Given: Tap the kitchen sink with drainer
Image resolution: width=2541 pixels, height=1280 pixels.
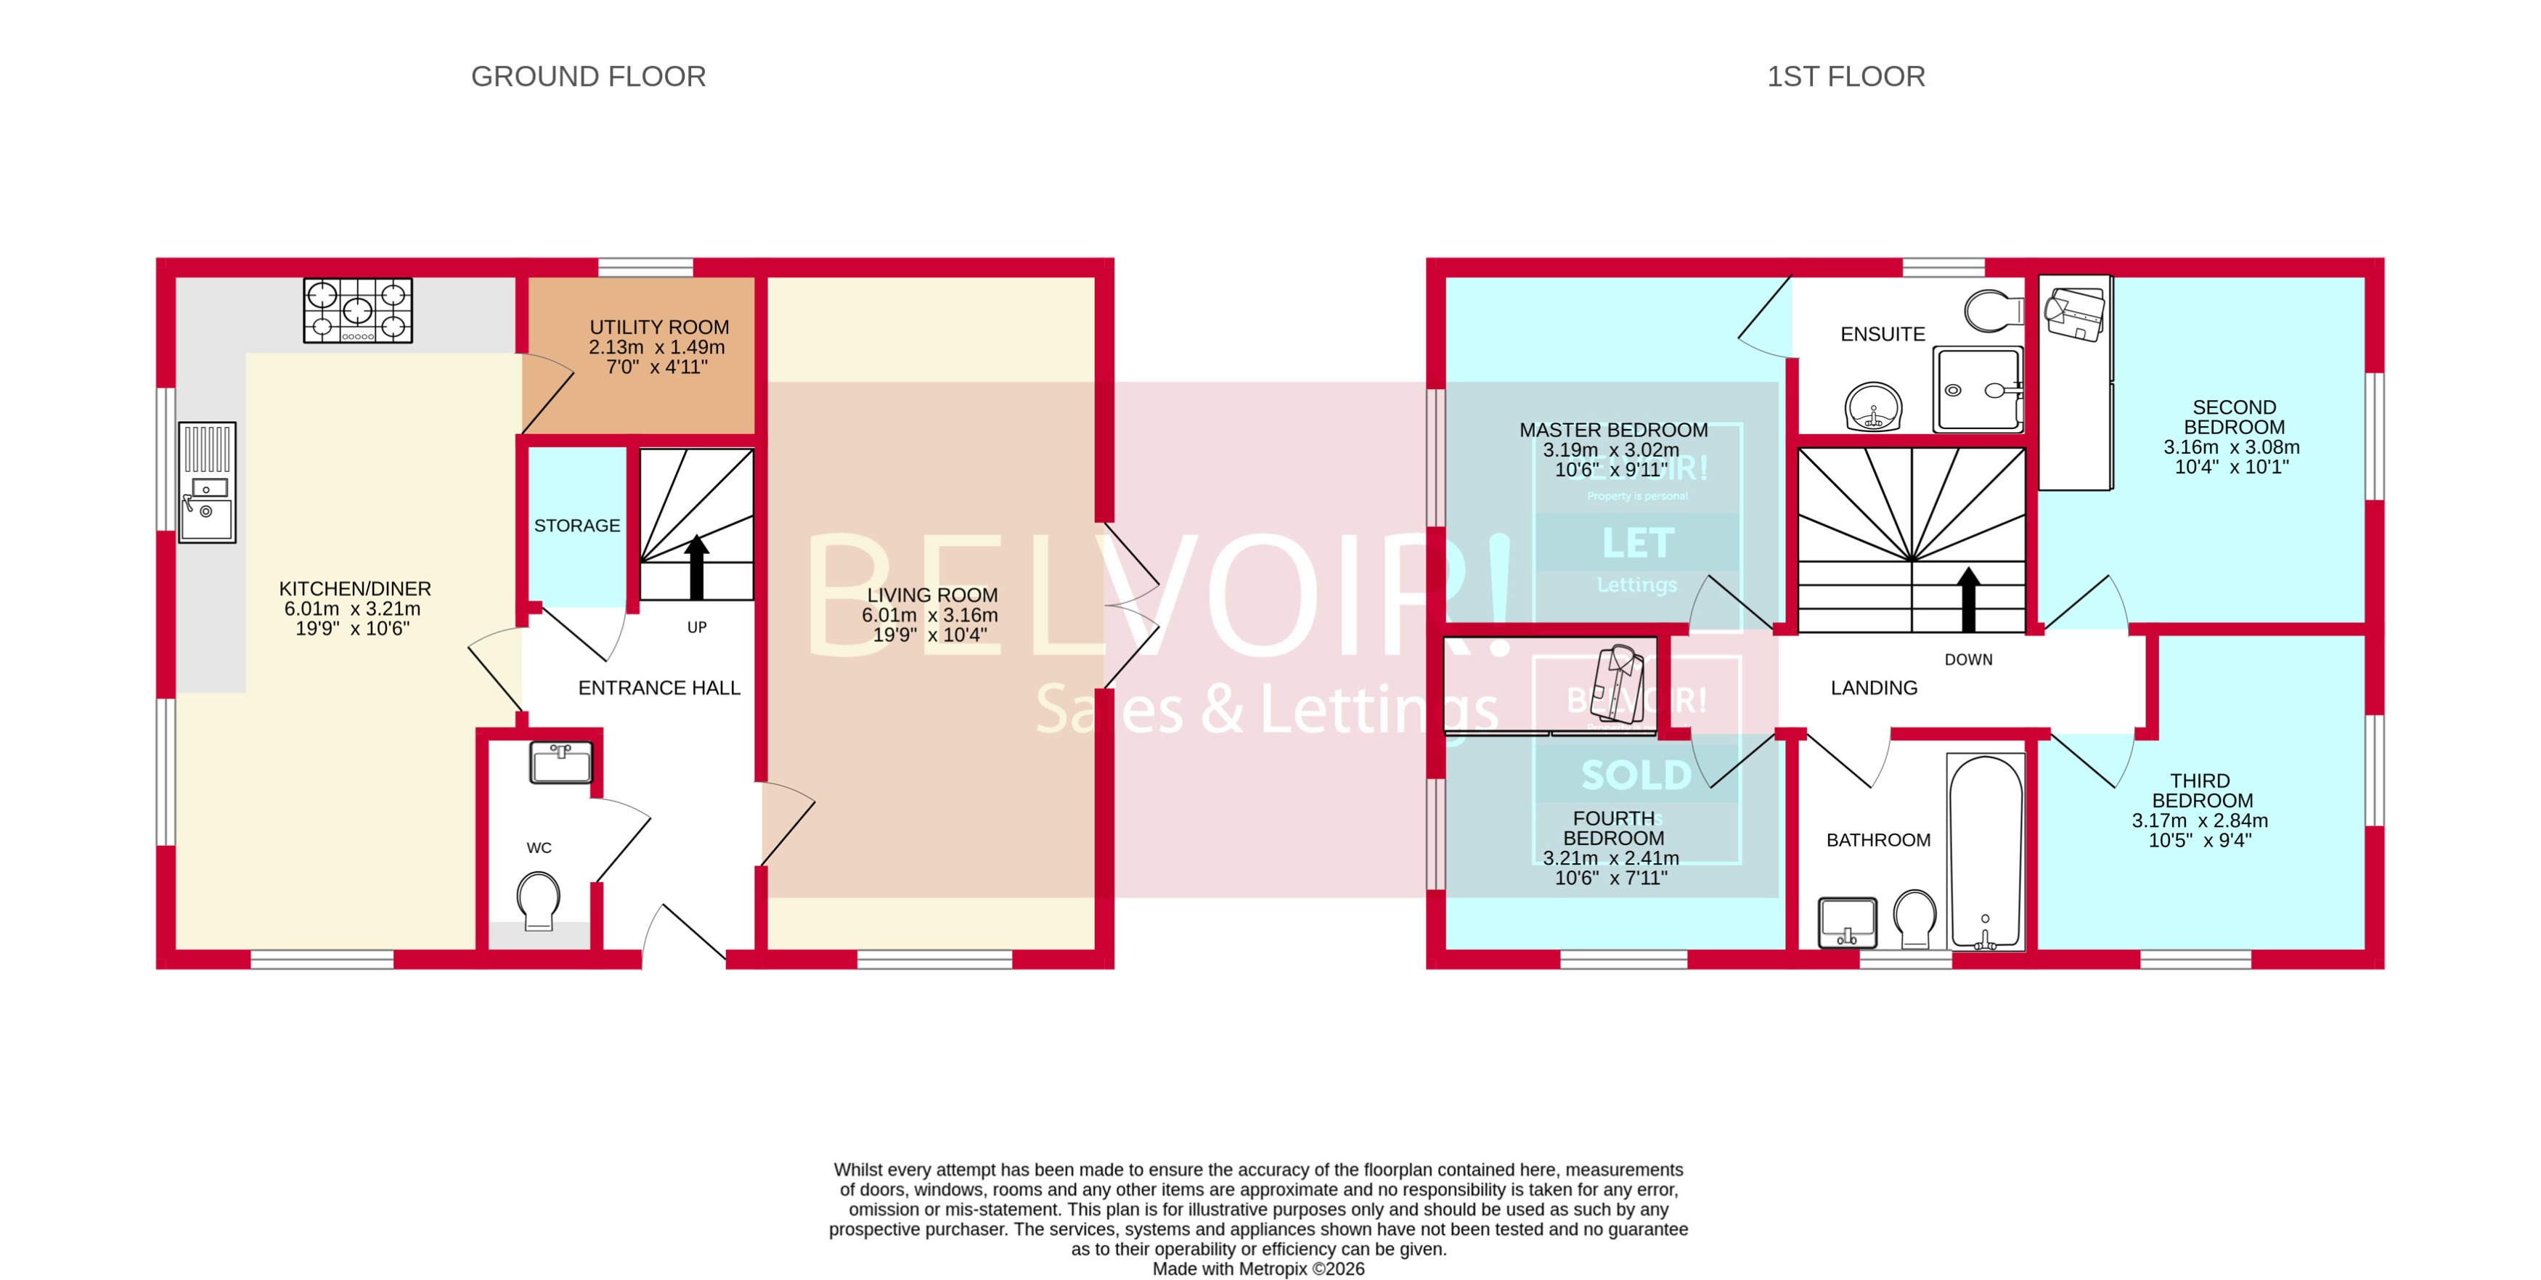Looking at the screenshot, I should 207,482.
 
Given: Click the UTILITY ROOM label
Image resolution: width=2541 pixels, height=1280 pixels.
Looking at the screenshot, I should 659,327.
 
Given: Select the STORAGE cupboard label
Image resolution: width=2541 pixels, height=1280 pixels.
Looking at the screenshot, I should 577,526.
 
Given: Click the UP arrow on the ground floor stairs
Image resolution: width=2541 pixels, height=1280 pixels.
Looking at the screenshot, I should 696,567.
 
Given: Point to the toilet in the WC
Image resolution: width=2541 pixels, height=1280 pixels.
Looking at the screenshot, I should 539,901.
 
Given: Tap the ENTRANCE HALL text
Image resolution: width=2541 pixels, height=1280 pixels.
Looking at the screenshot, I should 659,688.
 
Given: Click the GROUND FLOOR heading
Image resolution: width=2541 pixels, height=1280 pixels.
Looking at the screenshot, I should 588,76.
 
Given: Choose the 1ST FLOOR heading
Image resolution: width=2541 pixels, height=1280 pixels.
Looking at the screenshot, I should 1845,76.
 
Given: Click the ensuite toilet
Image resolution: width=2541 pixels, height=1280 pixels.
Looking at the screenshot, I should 1993,311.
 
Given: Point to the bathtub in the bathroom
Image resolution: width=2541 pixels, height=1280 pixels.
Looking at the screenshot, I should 1985,850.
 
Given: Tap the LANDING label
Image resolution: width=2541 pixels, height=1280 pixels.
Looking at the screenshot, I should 1873,688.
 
